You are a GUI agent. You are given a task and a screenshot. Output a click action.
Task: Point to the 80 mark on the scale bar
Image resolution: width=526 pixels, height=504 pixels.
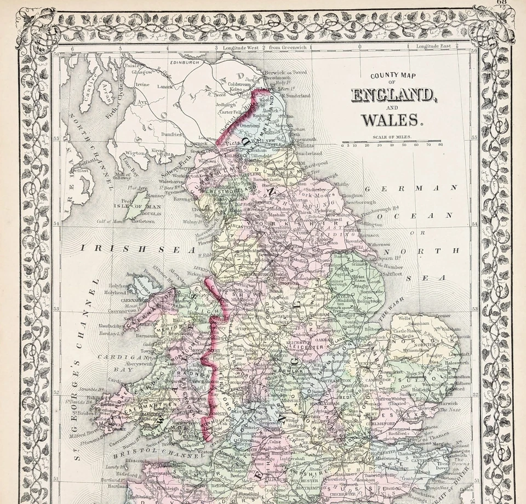[x=440, y=145]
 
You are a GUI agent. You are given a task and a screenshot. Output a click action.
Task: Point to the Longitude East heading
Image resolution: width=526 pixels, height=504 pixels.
[x=433, y=46]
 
